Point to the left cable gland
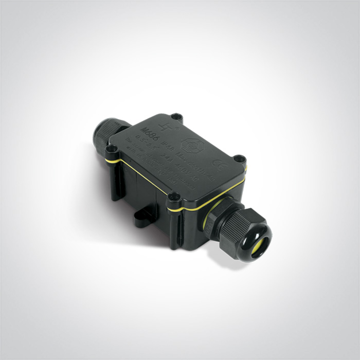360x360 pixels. click(106, 135)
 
